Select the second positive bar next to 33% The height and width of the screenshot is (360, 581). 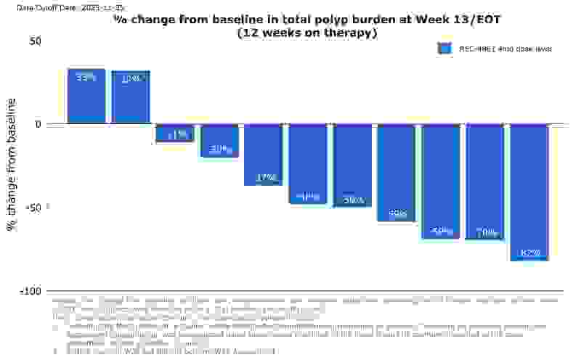131,97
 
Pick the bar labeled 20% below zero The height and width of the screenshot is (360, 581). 220,141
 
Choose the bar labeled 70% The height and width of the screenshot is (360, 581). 485,181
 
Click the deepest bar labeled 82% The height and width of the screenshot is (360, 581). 529,192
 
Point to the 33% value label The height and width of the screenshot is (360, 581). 86,78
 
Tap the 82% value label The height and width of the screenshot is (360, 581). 530,253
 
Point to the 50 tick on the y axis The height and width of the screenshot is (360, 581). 36,41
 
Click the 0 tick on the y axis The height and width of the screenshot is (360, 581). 38,124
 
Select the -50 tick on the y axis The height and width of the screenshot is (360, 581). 33,208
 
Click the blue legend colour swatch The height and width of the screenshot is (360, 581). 444,49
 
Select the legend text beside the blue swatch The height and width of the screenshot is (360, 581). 505,49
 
